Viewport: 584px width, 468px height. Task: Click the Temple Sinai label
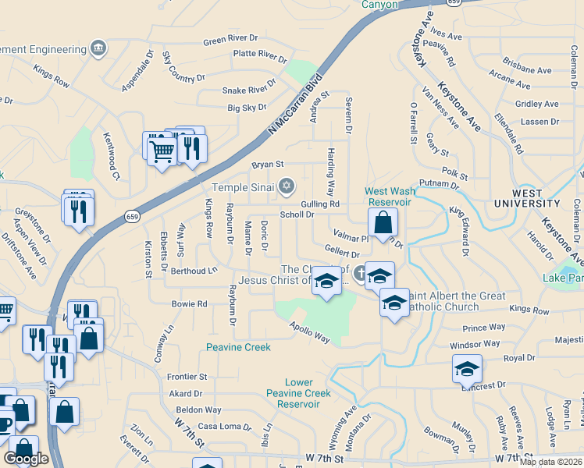tap(244, 187)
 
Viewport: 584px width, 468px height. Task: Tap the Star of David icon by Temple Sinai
tap(287, 186)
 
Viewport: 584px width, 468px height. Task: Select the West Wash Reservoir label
tap(388, 197)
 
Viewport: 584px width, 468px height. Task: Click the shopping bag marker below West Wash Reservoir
tap(383, 223)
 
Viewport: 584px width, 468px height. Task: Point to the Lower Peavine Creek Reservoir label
tap(289, 393)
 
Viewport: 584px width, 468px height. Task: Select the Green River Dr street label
tap(230, 38)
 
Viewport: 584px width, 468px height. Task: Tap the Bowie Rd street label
tap(189, 304)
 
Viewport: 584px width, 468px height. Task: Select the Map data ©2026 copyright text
tap(550, 462)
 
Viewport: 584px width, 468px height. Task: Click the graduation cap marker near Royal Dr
tap(467, 369)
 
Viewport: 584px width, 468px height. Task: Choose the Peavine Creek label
tap(238, 347)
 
